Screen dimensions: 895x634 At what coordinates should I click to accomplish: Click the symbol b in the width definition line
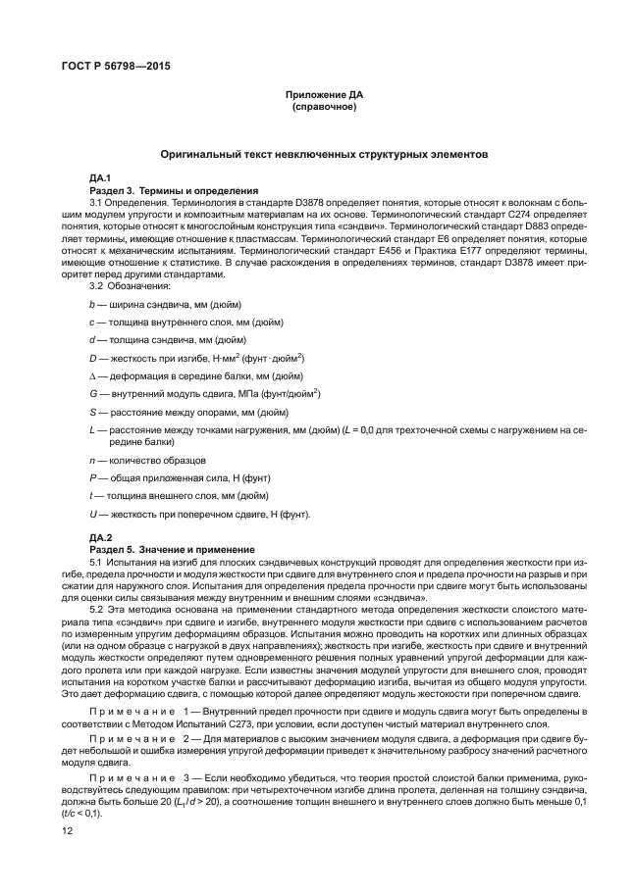[91, 305]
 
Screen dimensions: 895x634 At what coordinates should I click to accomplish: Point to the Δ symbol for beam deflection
[91, 375]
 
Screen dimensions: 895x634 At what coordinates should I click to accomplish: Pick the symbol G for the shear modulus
[91, 393]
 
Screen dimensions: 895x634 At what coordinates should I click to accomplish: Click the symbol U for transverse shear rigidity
[91, 514]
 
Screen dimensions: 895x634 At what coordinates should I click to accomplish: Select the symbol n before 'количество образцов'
[91, 459]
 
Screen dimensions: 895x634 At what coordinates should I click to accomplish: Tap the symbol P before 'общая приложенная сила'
[91, 477]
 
